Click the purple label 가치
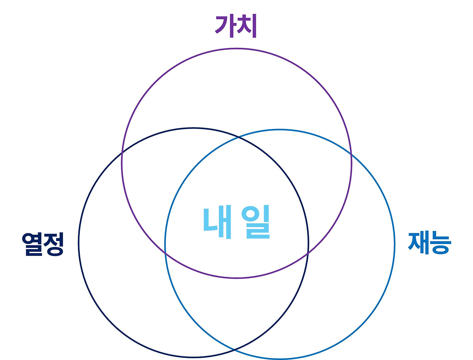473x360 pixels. tap(236, 26)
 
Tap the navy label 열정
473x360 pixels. tap(43, 244)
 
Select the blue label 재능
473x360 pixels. tap(429, 243)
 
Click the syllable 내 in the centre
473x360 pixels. tap(218, 222)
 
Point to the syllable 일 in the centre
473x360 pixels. tap(256, 222)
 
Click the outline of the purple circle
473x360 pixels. tap(236, 49)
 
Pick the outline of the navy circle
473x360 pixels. tap(79, 243)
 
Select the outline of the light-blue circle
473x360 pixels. tap(394, 244)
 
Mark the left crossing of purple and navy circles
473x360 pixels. tap(122, 153)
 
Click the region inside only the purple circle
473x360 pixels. tap(236, 92)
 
